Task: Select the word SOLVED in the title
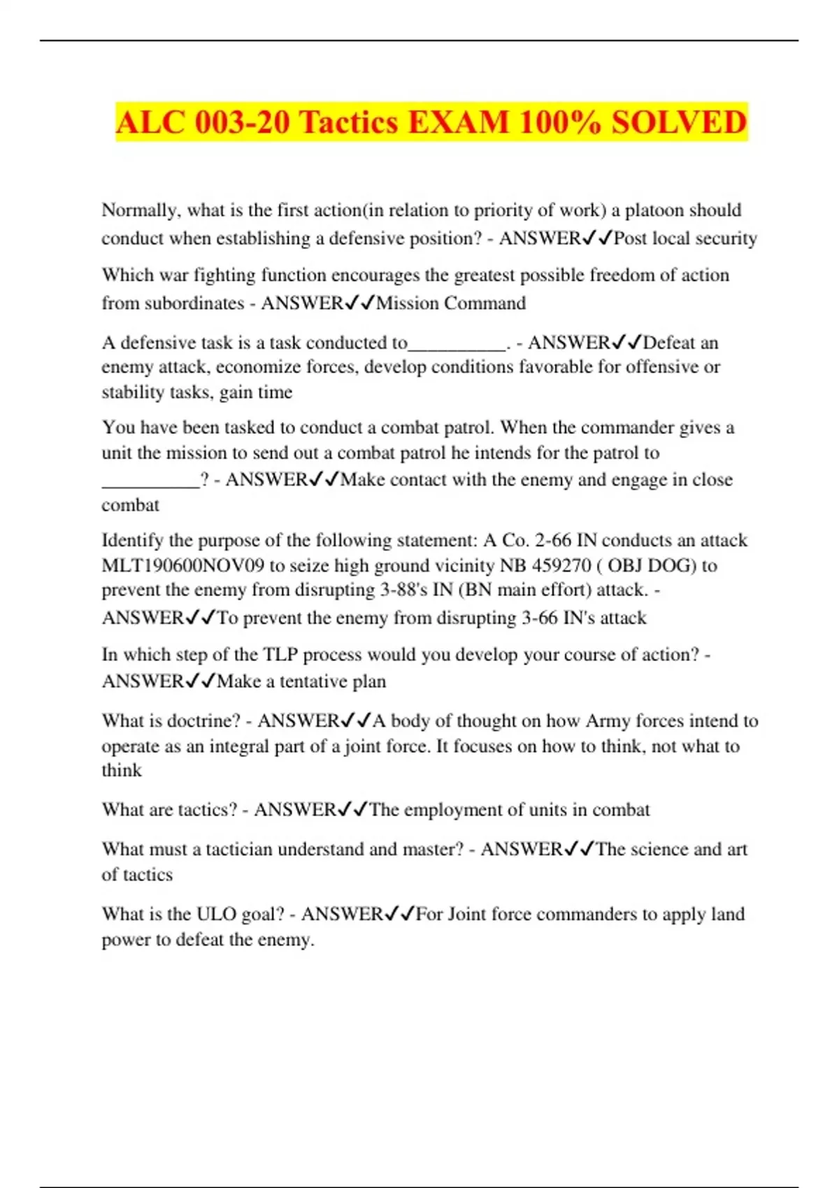coord(679,122)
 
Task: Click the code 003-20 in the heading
coord(242,122)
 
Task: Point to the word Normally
coord(140,210)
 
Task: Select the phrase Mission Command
coord(451,303)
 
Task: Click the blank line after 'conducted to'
coord(456,344)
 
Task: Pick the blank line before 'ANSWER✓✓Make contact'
coord(150,481)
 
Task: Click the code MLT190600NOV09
coord(183,565)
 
